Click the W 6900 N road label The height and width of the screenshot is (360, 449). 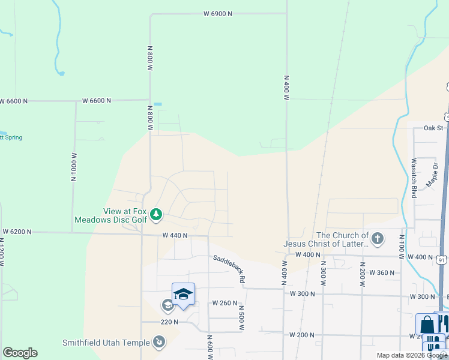click(x=217, y=13)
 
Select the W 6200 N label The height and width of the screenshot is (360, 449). click(x=17, y=231)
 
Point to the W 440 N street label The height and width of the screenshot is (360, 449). click(x=175, y=236)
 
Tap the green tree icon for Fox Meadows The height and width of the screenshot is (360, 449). click(x=156, y=214)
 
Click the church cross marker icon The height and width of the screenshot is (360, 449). click(x=378, y=239)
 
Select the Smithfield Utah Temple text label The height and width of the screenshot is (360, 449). click(x=106, y=343)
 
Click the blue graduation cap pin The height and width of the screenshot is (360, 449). click(x=183, y=293)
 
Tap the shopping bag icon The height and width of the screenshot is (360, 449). click(x=427, y=325)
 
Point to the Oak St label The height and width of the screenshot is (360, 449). click(x=433, y=128)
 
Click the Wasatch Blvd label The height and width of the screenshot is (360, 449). click(x=414, y=178)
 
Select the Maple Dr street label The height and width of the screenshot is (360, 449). click(x=433, y=175)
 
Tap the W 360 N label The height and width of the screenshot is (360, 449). click(x=382, y=272)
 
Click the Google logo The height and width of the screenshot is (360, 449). click(x=20, y=353)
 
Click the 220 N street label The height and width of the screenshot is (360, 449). click(x=169, y=322)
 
